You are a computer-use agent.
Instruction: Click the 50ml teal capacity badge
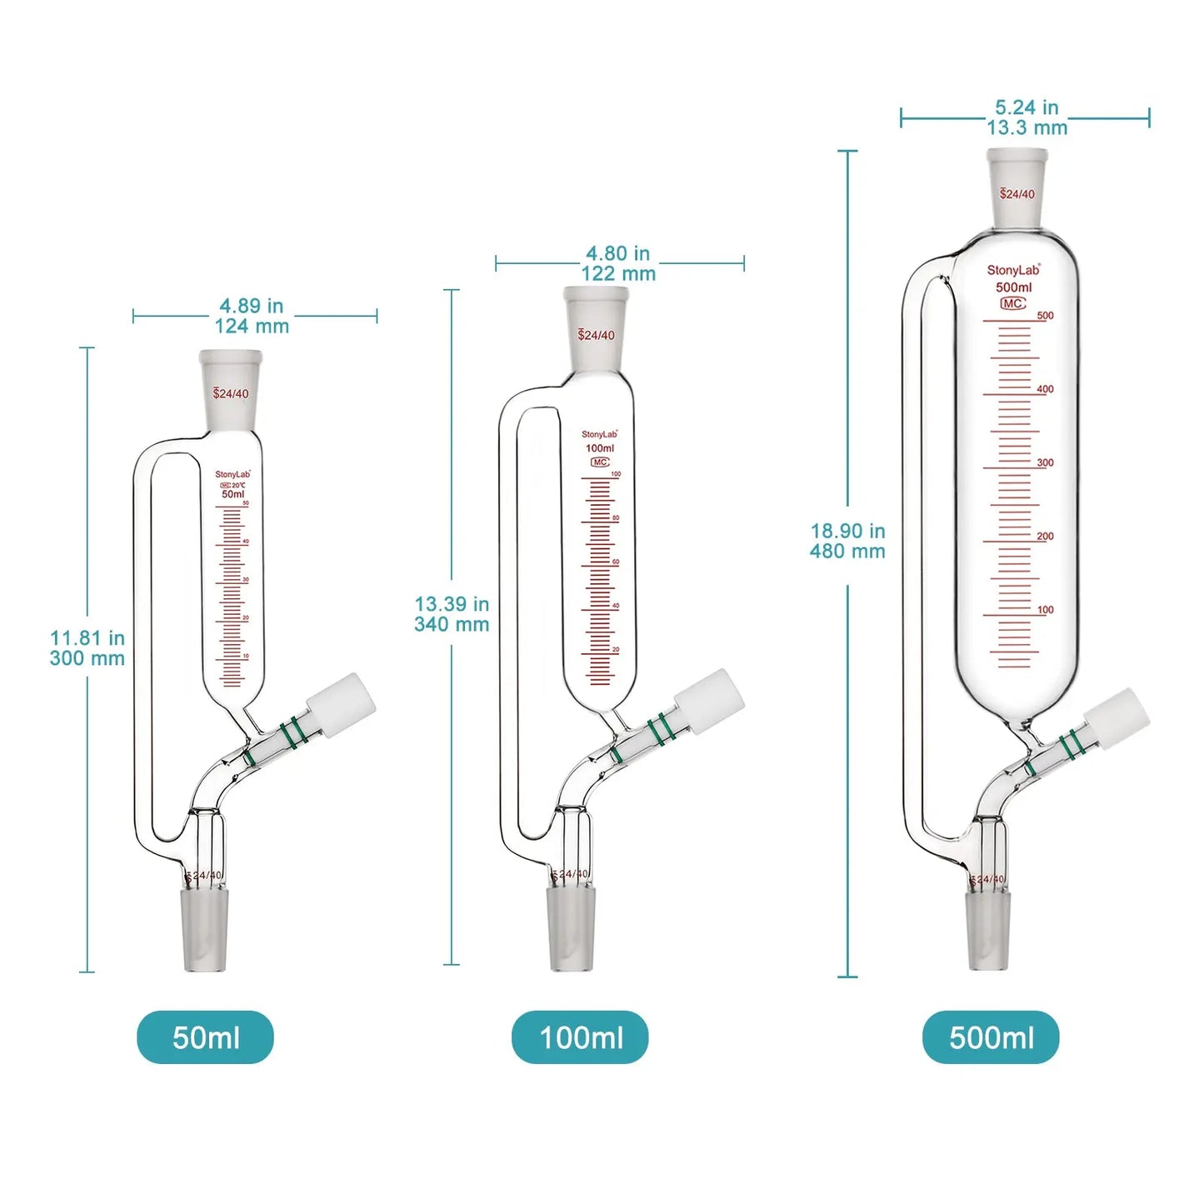[205, 1037]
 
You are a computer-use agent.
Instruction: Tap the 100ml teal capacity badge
[580, 1037]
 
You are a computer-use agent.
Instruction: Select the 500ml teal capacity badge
[991, 1037]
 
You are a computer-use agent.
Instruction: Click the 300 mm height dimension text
[87, 658]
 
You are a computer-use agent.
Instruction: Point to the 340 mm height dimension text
[452, 624]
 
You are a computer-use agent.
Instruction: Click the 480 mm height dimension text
[847, 551]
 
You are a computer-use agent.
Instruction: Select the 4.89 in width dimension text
[252, 306]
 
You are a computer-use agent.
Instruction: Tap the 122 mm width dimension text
[618, 273]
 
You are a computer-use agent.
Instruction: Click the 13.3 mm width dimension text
[1027, 127]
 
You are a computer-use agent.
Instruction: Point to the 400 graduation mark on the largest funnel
[1045, 389]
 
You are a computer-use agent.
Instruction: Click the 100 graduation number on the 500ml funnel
[1045, 610]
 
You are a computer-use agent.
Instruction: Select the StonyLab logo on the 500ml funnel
[1013, 270]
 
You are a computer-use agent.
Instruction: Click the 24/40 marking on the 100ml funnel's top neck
[597, 335]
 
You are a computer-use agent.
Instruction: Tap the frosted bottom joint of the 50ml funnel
[204, 929]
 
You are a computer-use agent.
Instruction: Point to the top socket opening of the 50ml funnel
[231, 358]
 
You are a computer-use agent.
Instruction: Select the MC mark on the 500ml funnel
[1013, 303]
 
